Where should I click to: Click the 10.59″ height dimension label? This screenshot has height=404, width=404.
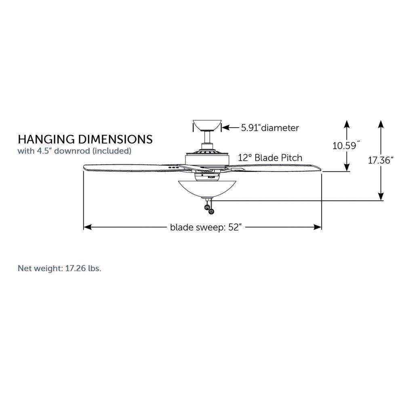tap(346, 146)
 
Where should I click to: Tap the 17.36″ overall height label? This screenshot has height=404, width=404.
tap(381, 160)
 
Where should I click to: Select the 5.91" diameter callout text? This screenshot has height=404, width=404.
tap(270, 128)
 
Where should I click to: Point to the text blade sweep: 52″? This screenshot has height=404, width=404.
tap(206, 227)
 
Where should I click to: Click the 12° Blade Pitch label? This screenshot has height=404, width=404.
tap(270, 158)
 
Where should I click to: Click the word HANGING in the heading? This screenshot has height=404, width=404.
tap(46, 139)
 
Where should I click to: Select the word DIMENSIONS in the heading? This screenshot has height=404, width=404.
tap(115, 139)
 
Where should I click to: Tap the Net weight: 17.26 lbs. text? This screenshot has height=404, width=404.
tap(59, 269)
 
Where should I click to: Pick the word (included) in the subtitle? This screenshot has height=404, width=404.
tap(112, 151)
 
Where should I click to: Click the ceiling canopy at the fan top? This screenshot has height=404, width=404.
tap(207, 125)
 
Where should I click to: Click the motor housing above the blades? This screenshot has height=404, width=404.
tap(207, 160)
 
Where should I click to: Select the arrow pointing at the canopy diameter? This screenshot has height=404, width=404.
tap(230, 128)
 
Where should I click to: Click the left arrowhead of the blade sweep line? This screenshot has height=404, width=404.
tap(88, 227)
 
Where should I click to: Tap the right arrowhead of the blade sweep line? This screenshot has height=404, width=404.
tap(318, 227)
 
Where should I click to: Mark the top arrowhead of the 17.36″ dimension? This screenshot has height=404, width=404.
tap(381, 124)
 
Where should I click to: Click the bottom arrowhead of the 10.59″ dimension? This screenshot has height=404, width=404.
tap(347, 167)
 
